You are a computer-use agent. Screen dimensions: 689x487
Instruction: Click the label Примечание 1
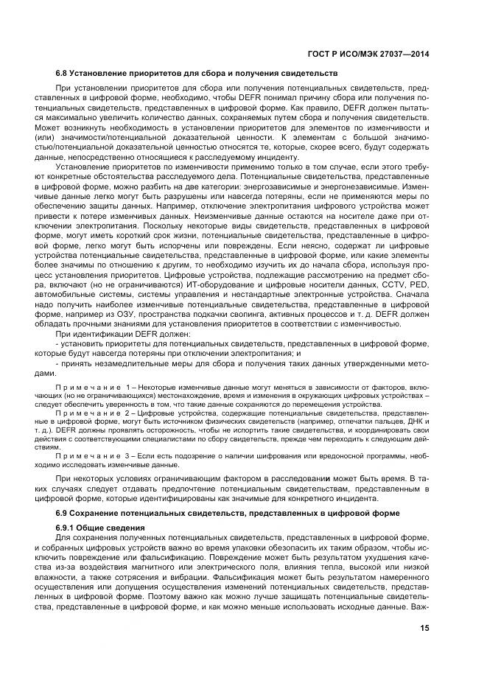pos(92,387)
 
